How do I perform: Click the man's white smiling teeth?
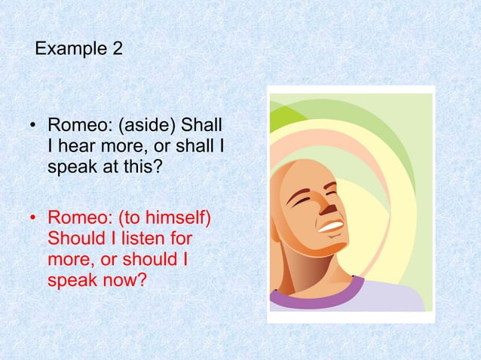tap(331, 224)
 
